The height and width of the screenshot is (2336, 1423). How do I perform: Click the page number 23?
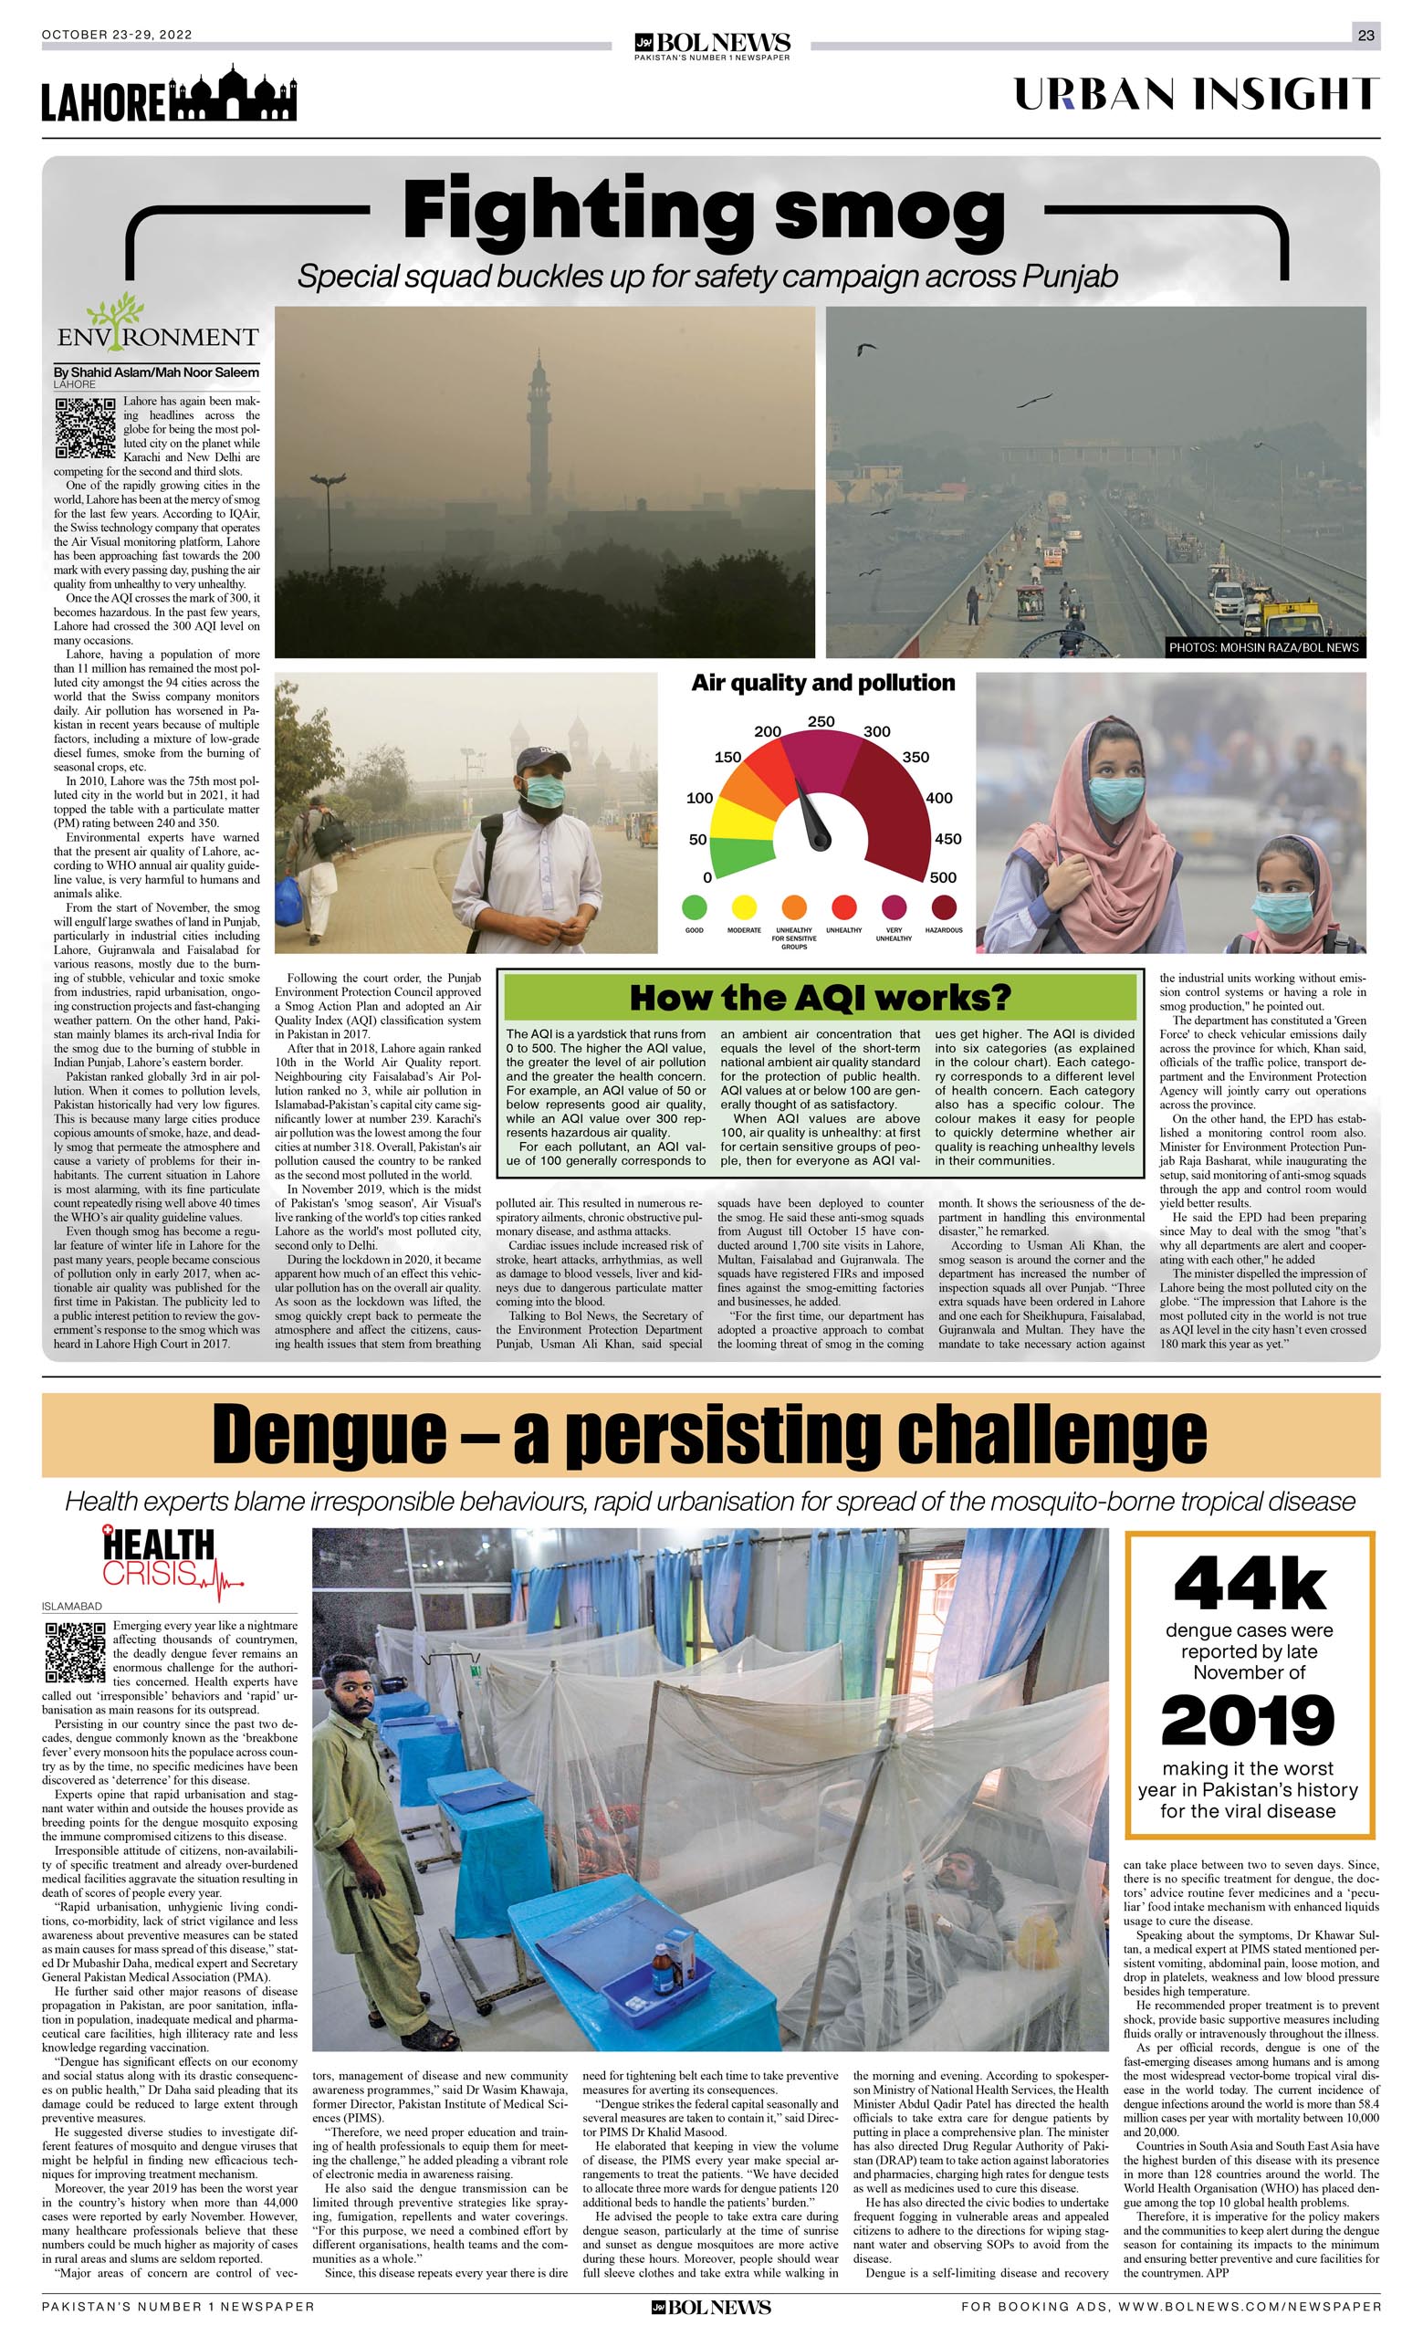click(x=1365, y=35)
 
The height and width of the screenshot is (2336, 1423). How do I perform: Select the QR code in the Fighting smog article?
click(x=84, y=428)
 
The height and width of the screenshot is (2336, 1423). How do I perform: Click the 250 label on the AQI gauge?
click(x=820, y=721)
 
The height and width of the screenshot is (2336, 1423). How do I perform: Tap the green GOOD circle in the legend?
click(x=694, y=906)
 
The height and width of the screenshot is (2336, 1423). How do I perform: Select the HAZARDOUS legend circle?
click(x=943, y=906)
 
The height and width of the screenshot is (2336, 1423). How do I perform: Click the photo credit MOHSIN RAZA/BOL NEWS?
click(x=1264, y=647)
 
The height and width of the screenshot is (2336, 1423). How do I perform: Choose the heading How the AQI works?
click(x=820, y=998)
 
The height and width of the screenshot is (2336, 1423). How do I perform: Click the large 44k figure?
click(x=1249, y=1583)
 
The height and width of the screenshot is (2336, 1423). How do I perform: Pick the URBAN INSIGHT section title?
click(x=1196, y=95)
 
